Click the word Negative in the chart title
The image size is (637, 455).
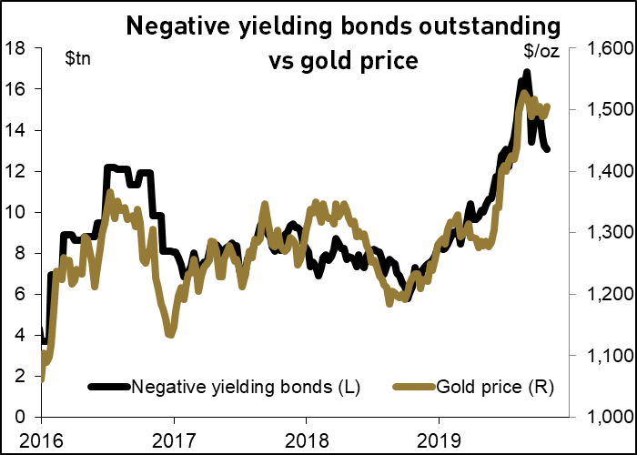[x=177, y=27]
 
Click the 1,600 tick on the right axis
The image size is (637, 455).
[x=601, y=48]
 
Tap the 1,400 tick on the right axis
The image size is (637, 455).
[x=601, y=171]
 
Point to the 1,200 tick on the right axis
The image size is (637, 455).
[x=601, y=294]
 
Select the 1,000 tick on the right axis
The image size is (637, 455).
[x=601, y=417]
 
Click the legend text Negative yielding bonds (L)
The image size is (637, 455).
[x=247, y=387]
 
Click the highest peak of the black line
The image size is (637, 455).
[x=526, y=73]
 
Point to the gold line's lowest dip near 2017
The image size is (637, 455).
[x=169, y=334]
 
